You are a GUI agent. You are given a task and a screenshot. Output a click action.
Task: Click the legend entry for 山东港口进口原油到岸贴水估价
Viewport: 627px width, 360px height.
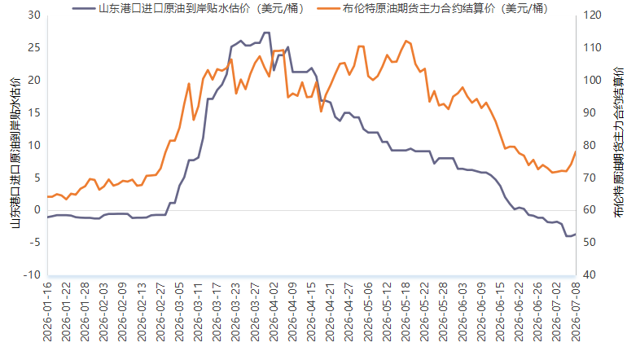point(188,8)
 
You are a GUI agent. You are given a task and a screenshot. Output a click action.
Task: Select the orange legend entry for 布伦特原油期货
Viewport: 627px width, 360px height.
point(432,8)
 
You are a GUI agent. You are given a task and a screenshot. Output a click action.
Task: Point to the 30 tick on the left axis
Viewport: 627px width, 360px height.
point(34,15)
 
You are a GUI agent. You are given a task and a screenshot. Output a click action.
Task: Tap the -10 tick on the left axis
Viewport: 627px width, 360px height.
point(32,274)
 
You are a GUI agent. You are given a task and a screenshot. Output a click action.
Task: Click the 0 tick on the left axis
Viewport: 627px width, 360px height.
point(37,210)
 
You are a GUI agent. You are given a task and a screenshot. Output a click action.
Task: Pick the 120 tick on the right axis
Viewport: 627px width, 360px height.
point(592,15)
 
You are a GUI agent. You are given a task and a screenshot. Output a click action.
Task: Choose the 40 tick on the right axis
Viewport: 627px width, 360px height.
point(590,274)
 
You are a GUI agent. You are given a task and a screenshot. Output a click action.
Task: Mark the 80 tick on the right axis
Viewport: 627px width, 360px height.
point(590,145)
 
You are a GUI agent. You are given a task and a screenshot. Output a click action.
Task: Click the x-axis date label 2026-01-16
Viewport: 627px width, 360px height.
point(47,312)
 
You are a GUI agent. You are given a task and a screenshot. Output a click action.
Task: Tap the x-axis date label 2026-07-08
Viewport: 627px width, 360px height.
point(576,312)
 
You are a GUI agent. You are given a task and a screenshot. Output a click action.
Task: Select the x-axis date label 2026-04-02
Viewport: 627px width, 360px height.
point(274,312)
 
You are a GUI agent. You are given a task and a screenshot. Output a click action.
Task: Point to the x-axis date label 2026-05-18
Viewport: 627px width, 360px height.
point(406,312)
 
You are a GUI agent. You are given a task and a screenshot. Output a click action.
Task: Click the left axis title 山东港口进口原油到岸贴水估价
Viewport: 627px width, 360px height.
point(15,153)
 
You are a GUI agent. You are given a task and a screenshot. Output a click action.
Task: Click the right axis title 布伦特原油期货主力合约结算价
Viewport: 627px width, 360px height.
point(618,143)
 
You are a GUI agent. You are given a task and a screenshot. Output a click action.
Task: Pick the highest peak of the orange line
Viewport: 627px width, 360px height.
point(406,41)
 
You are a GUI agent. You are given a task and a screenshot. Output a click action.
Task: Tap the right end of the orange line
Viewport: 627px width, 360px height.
point(576,151)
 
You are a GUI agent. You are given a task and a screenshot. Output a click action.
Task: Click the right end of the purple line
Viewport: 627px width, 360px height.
point(576,234)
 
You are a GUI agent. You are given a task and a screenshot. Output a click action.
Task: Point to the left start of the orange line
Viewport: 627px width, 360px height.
point(48,196)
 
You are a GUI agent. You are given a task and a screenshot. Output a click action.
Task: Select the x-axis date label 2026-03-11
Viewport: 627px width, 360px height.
point(199,312)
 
